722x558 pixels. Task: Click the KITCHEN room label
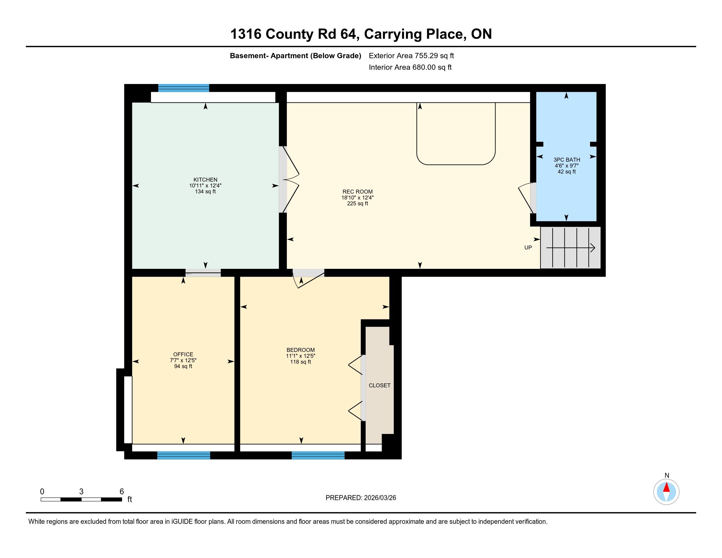[x=205, y=180]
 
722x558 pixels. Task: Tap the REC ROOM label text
[x=357, y=192]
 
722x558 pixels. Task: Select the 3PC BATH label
[x=567, y=160]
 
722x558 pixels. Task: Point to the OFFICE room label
[x=183, y=354]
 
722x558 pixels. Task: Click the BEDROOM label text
[x=301, y=350]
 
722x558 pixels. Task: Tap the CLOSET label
[x=379, y=385]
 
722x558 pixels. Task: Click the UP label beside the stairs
[x=528, y=247]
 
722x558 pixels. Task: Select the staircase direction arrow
[x=571, y=247]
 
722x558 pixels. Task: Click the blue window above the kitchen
[x=183, y=88]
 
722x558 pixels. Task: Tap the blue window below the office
[x=183, y=455]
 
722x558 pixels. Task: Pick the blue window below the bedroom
[x=318, y=455]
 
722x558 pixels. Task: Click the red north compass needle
[x=667, y=487]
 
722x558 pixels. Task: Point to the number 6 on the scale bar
[x=122, y=492]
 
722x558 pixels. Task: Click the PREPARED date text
[x=361, y=498]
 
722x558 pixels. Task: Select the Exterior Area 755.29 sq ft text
[x=411, y=56]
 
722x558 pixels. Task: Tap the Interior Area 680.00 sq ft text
[x=410, y=67]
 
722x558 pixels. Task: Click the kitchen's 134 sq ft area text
[x=205, y=192]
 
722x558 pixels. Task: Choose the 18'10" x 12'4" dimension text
[x=357, y=198]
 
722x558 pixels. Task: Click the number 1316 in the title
[x=245, y=34]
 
